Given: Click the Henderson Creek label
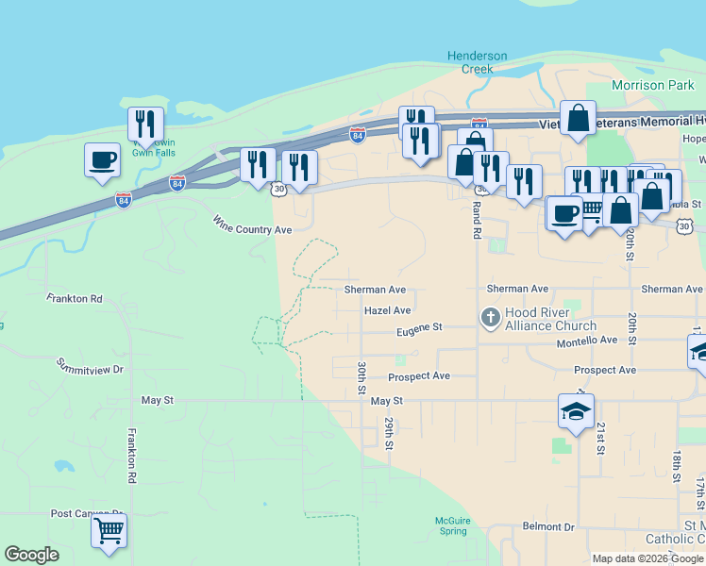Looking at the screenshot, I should (x=477, y=62).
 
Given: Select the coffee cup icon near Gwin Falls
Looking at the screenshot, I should (x=102, y=159).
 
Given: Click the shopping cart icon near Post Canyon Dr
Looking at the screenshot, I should (x=109, y=531).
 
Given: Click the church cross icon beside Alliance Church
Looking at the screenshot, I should (x=490, y=318).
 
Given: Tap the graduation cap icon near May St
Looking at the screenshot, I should (x=576, y=410).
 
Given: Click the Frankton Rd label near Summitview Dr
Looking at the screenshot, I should (x=74, y=298).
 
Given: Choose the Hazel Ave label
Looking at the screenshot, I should (x=387, y=310).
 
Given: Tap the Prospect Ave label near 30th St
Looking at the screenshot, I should (x=419, y=376).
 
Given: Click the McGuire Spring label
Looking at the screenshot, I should (x=452, y=525).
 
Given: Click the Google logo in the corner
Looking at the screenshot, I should (x=31, y=555).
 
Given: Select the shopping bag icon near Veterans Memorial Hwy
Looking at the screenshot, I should (x=578, y=119).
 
